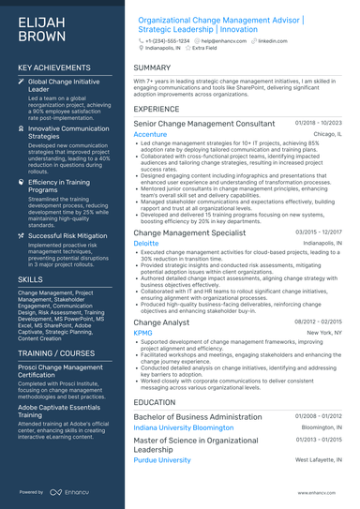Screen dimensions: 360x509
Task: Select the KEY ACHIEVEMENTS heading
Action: (54, 68)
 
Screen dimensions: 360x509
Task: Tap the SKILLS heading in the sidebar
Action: (30, 279)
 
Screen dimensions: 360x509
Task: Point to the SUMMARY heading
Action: (152, 68)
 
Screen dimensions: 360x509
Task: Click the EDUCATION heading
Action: (156, 402)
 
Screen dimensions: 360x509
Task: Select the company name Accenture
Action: (151, 134)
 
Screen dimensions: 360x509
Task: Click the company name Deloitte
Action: (146, 242)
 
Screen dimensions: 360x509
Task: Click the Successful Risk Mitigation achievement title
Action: (67, 236)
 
